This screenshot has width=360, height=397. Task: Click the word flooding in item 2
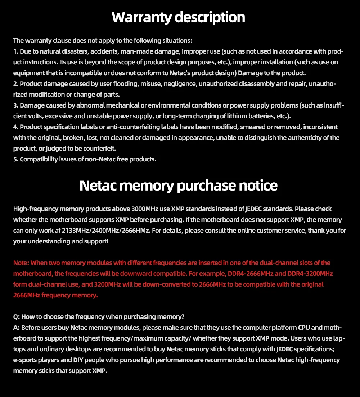coord(118,84)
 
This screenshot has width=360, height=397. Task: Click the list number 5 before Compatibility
coord(15,159)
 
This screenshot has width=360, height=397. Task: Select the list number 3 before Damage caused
coord(15,105)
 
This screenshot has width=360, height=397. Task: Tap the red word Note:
coord(21,263)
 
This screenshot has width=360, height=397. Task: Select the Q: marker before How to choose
coord(17,317)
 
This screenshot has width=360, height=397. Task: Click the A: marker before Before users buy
coord(17,328)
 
